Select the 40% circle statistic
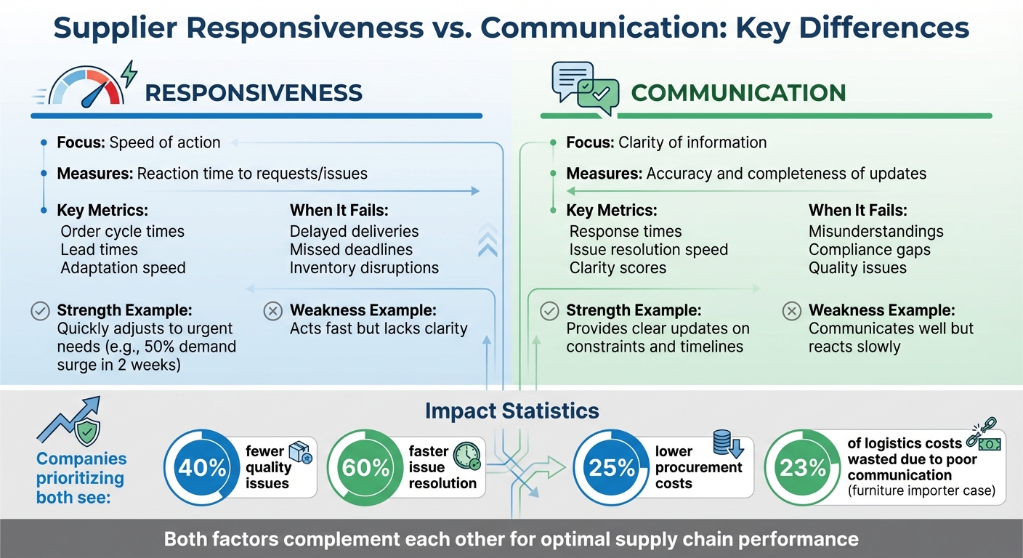pyautogui.click(x=198, y=467)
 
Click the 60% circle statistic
pyautogui.click(x=362, y=467)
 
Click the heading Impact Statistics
pyautogui.click(x=511, y=411)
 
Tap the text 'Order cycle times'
pyautogui.click(x=122, y=232)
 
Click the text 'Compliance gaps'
pyautogui.click(x=869, y=250)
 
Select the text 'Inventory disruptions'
pyautogui.click(x=364, y=268)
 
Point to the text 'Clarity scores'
pyautogui.click(x=618, y=268)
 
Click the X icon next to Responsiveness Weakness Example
pyautogui.click(x=272, y=312)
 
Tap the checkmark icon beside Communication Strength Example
pyautogui.click(x=549, y=312)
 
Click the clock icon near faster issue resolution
pyautogui.click(x=466, y=456)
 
